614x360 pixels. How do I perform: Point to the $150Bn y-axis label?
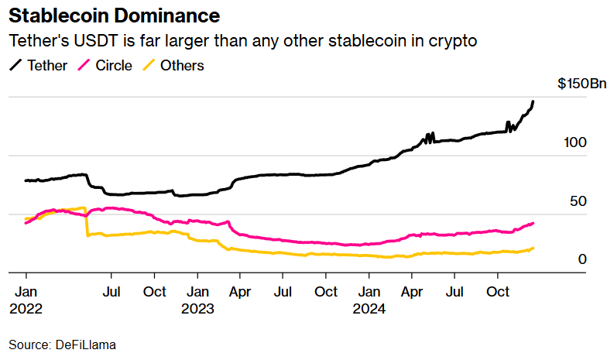pyautogui.click(x=581, y=84)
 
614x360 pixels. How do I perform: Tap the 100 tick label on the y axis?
pyautogui.click(x=577, y=142)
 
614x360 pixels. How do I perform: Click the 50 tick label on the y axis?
pyautogui.click(x=577, y=201)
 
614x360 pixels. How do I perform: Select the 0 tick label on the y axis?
pyautogui.click(x=581, y=259)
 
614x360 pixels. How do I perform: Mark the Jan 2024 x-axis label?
pyautogui.click(x=369, y=300)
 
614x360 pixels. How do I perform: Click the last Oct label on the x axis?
pyautogui.click(x=498, y=292)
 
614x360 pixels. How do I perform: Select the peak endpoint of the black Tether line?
pyautogui.click(x=533, y=101)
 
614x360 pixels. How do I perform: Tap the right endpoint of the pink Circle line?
pyautogui.click(x=533, y=223)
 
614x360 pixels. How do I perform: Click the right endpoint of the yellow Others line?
pyautogui.click(x=533, y=248)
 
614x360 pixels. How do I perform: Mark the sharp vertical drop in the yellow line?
pyautogui.click(x=86, y=222)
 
